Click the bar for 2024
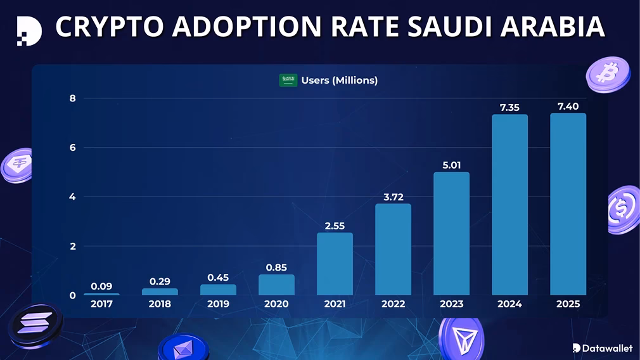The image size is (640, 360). tap(509, 204)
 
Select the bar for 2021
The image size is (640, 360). tap(335, 264)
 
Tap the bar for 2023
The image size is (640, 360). tap(451, 233)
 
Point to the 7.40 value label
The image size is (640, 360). tap(568, 106)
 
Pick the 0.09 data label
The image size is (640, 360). tap(101, 286)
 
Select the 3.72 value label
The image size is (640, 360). tap(393, 197)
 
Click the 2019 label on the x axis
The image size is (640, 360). tap(218, 304)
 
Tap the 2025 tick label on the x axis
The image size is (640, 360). tap(568, 304)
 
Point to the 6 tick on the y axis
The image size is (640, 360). tap(72, 148)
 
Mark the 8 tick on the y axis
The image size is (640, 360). tap(72, 98)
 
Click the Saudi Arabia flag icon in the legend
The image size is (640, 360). tap(288, 80)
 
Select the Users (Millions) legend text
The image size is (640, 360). tap(339, 80)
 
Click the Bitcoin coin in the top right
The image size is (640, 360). tap(608, 74)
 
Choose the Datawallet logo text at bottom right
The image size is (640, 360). tap(603, 347)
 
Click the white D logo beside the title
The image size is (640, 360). tap(29, 30)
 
